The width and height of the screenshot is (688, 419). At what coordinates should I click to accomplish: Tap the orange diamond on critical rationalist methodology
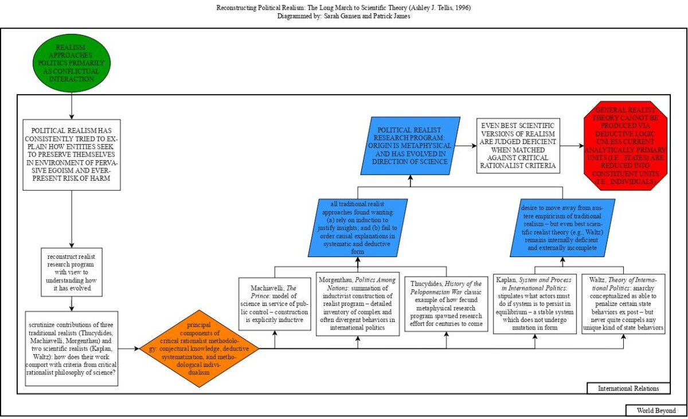tap(199, 348)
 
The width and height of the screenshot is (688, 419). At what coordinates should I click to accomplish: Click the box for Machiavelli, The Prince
tap(276, 304)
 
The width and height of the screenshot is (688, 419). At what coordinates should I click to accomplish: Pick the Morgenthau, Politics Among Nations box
tap(358, 304)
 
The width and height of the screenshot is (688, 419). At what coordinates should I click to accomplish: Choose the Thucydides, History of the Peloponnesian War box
tap(446, 304)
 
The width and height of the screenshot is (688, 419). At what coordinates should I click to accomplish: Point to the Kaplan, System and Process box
tap(535, 304)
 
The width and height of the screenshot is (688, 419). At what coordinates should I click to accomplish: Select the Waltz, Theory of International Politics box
tap(623, 304)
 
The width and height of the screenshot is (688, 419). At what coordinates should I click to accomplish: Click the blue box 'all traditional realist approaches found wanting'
tap(358, 227)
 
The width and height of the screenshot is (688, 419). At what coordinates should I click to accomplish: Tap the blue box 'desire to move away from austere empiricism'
tap(562, 227)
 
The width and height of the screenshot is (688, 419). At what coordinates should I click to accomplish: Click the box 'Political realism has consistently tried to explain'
tap(72, 155)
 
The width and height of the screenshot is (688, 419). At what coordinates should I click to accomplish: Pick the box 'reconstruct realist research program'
tap(72, 271)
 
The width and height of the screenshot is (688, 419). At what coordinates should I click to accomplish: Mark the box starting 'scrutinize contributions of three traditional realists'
tap(72, 348)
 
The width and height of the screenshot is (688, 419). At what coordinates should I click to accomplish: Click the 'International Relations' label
tap(628, 389)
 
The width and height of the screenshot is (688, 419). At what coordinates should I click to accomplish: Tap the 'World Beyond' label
tap(656, 410)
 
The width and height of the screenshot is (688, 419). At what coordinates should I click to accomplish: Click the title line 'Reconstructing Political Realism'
tap(343, 8)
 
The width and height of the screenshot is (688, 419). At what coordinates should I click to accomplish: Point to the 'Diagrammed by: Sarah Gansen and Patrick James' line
tap(343, 16)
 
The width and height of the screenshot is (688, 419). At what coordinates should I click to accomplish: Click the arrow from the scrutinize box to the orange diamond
tap(129, 348)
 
